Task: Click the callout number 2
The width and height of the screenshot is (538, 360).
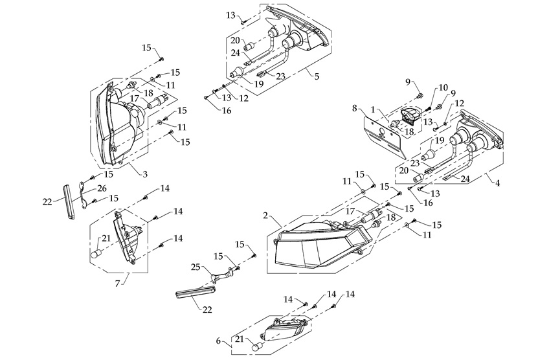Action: pos(265,214)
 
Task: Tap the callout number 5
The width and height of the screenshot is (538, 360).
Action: pos(317,76)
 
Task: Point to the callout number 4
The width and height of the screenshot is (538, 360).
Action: pos(497,183)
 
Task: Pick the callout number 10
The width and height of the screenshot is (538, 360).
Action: pos(443,87)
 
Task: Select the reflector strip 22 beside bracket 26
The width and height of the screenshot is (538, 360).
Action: pos(69,202)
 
